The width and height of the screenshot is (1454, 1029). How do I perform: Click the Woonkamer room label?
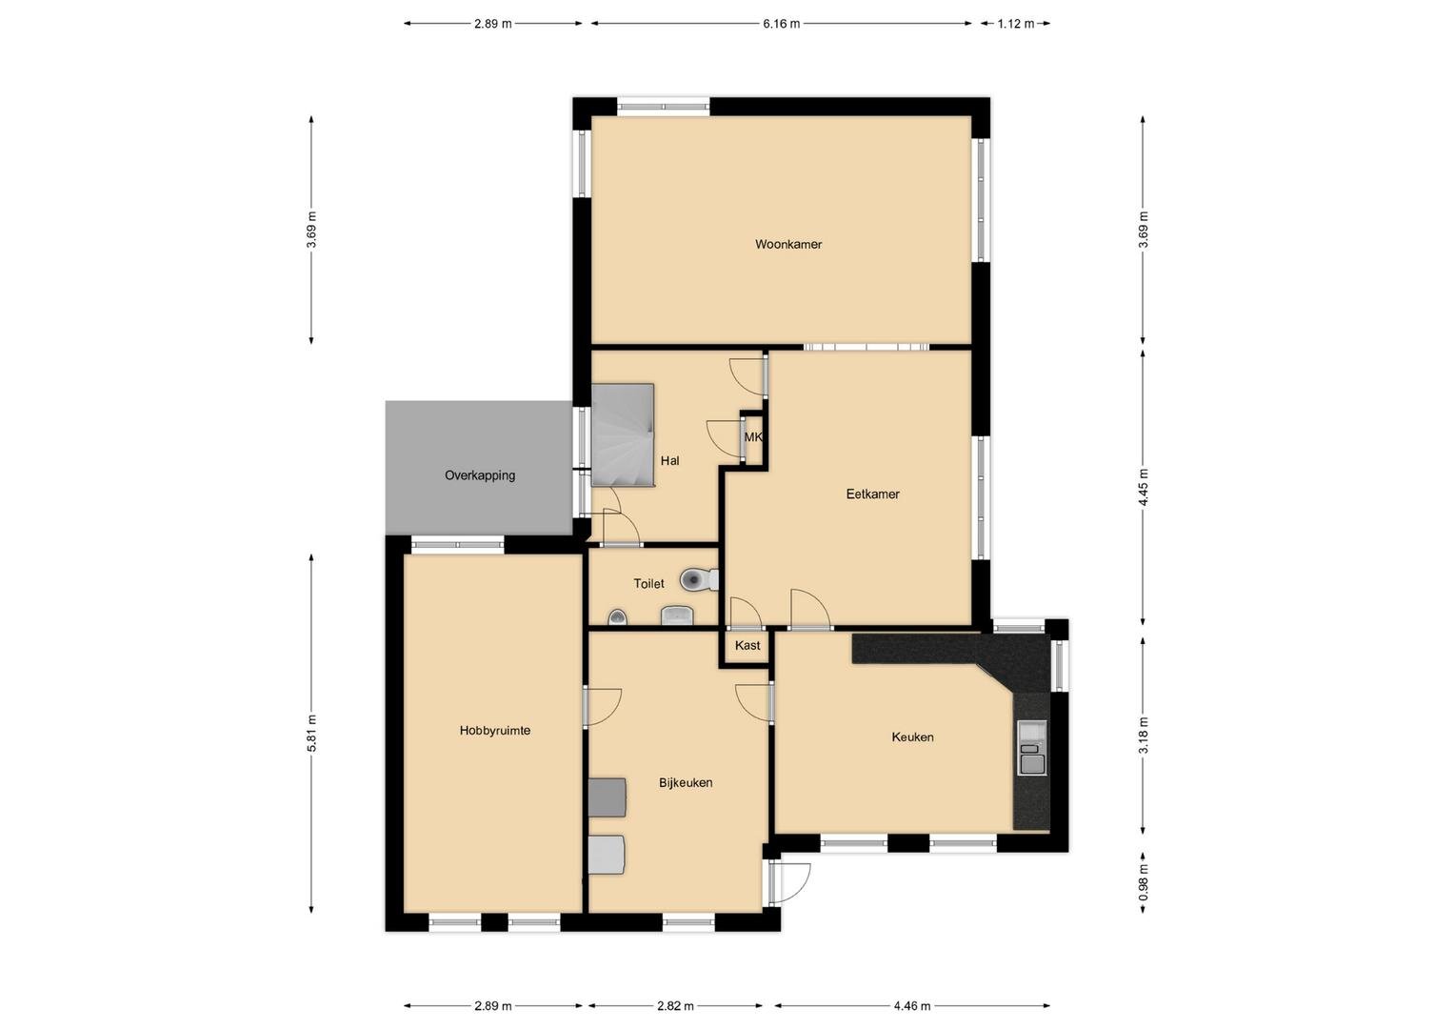click(788, 244)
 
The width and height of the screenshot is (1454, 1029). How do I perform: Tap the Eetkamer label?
click(872, 494)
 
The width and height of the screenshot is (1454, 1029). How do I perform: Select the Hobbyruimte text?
click(494, 730)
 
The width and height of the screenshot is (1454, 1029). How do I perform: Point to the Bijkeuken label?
click(686, 783)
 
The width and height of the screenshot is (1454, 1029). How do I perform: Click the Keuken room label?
click(912, 736)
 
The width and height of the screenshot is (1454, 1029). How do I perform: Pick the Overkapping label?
click(480, 475)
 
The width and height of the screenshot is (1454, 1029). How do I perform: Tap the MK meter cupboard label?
click(753, 437)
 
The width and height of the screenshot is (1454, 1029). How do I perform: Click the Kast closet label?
click(747, 645)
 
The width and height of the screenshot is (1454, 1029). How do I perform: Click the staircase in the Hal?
click(623, 434)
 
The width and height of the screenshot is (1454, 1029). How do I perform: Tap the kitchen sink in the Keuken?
click(1032, 747)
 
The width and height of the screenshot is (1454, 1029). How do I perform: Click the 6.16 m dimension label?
click(781, 24)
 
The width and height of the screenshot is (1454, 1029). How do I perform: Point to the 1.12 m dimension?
click(1015, 24)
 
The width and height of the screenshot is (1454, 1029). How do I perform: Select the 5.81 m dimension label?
click(312, 734)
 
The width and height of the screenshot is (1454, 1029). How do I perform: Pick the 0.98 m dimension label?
click(1143, 882)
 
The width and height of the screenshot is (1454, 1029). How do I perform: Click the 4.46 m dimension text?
click(912, 1006)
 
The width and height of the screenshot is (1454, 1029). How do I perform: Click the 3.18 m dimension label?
click(1143, 736)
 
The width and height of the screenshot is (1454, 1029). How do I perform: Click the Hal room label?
click(670, 460)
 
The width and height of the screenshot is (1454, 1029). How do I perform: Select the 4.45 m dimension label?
click(1143, 487)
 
